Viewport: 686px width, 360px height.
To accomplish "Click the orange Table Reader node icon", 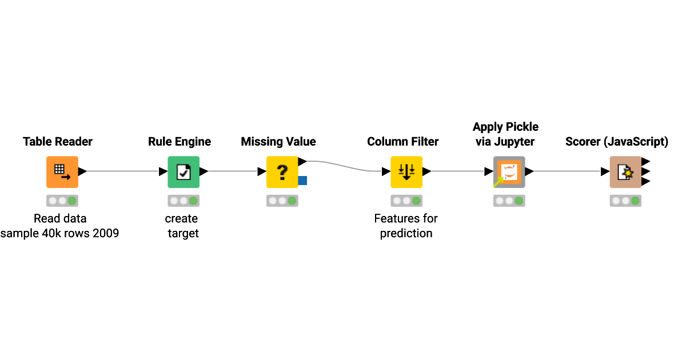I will pos(62,172).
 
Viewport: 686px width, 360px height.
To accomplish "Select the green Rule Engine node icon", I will pos(184,172).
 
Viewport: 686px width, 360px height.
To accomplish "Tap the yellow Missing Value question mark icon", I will pos(282,172).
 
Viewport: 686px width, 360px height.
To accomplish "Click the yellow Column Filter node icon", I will pos(406,172).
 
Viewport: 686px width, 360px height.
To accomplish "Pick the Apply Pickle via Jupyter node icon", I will pos(509,172).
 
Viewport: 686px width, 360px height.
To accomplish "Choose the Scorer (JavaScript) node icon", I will pos(625,172).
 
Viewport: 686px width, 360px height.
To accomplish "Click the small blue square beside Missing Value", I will pos(302,181).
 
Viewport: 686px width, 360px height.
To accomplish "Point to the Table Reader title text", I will pos(58,142).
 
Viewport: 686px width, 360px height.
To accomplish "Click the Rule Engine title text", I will pos(180,142).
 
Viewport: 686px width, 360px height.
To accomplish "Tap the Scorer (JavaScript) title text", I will pos(617,142).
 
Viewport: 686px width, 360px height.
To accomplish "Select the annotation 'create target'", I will pos(182,226).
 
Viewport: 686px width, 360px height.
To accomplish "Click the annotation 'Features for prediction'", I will pos(406,226).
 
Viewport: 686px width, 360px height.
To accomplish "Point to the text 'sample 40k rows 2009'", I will pos(59,233).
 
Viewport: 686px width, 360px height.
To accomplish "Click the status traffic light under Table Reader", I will pos(62,201).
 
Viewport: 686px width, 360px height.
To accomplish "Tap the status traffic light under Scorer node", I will pos(625,201).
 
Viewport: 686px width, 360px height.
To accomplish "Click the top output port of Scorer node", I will pos(645,162).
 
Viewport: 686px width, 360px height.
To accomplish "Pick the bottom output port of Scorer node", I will pos(645,181).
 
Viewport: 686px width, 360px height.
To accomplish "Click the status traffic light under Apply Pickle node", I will pos(509,201).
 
